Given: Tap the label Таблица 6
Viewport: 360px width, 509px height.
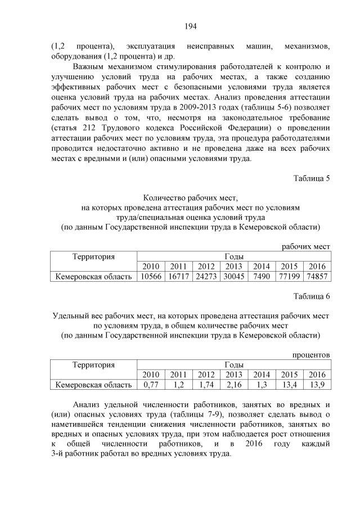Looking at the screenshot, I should [311, 296].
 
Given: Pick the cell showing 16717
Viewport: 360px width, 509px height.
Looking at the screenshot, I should [178, 276].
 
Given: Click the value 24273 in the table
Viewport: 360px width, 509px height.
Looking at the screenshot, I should [206, 276].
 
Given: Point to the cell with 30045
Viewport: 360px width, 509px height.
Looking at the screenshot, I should [233, 276].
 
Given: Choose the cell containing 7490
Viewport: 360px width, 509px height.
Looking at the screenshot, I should [261, 276].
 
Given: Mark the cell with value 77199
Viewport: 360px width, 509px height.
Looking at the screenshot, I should [289, 276].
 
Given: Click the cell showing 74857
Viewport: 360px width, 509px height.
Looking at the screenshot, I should [317, 276].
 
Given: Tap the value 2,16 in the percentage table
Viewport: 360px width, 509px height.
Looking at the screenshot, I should [233, 385].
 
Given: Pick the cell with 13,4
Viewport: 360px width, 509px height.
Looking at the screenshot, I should [289, 385].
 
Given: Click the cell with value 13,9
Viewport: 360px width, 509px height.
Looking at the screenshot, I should [317, 385].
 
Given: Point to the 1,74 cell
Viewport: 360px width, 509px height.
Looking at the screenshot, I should [206, 385].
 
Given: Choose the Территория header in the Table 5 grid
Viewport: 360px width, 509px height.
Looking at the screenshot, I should [94, 256].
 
